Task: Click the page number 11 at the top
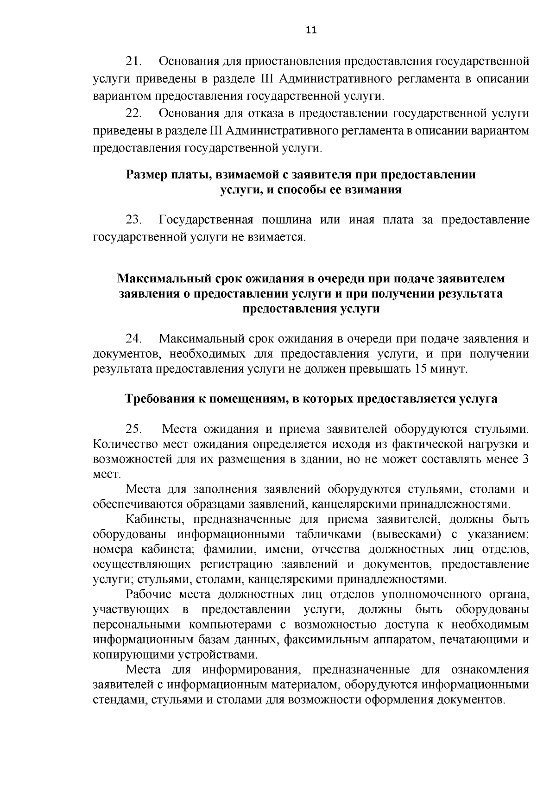coord(311,31)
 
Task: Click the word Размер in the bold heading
coord(147,175)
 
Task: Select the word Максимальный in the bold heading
coord(164,279)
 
